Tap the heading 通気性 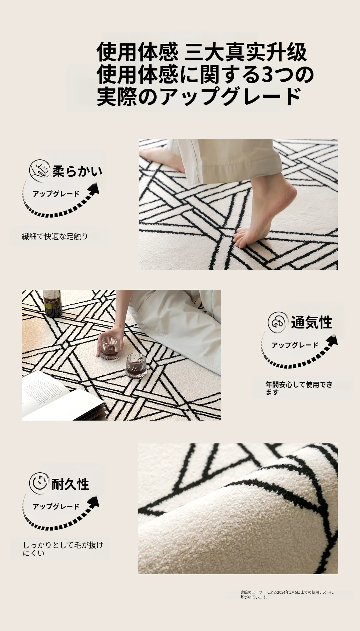(311, 322)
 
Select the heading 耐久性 (70, 484)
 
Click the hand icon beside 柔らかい (39, 169)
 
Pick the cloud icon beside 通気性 (277, 322)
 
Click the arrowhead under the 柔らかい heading (94, 189)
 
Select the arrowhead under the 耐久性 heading (94, 503)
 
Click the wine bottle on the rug (52, 303)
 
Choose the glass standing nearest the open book (136, 366)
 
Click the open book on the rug (62, 397)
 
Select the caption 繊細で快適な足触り (55, 237)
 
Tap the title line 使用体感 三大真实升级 (202, 52)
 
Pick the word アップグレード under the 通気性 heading (295, 345)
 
